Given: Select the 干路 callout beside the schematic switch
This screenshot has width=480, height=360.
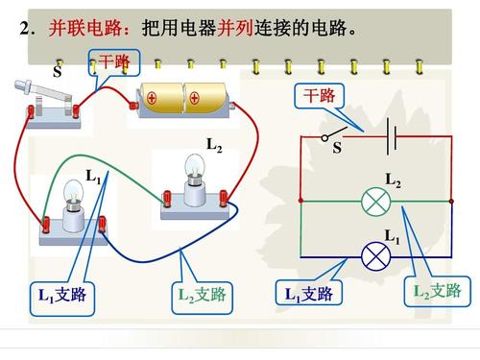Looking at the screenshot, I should click(x=320, y=97).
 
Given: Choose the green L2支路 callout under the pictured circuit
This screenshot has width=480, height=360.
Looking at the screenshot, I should click(x=201, y=296).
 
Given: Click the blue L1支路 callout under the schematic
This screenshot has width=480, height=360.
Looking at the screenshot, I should click(x=308, y=294).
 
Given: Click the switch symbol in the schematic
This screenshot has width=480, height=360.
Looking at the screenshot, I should click(x=337, y=133).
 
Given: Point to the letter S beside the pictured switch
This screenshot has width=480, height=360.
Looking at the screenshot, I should click(x=58, y=72).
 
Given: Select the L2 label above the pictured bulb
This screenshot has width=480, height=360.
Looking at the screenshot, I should click(x=214, y=145).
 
